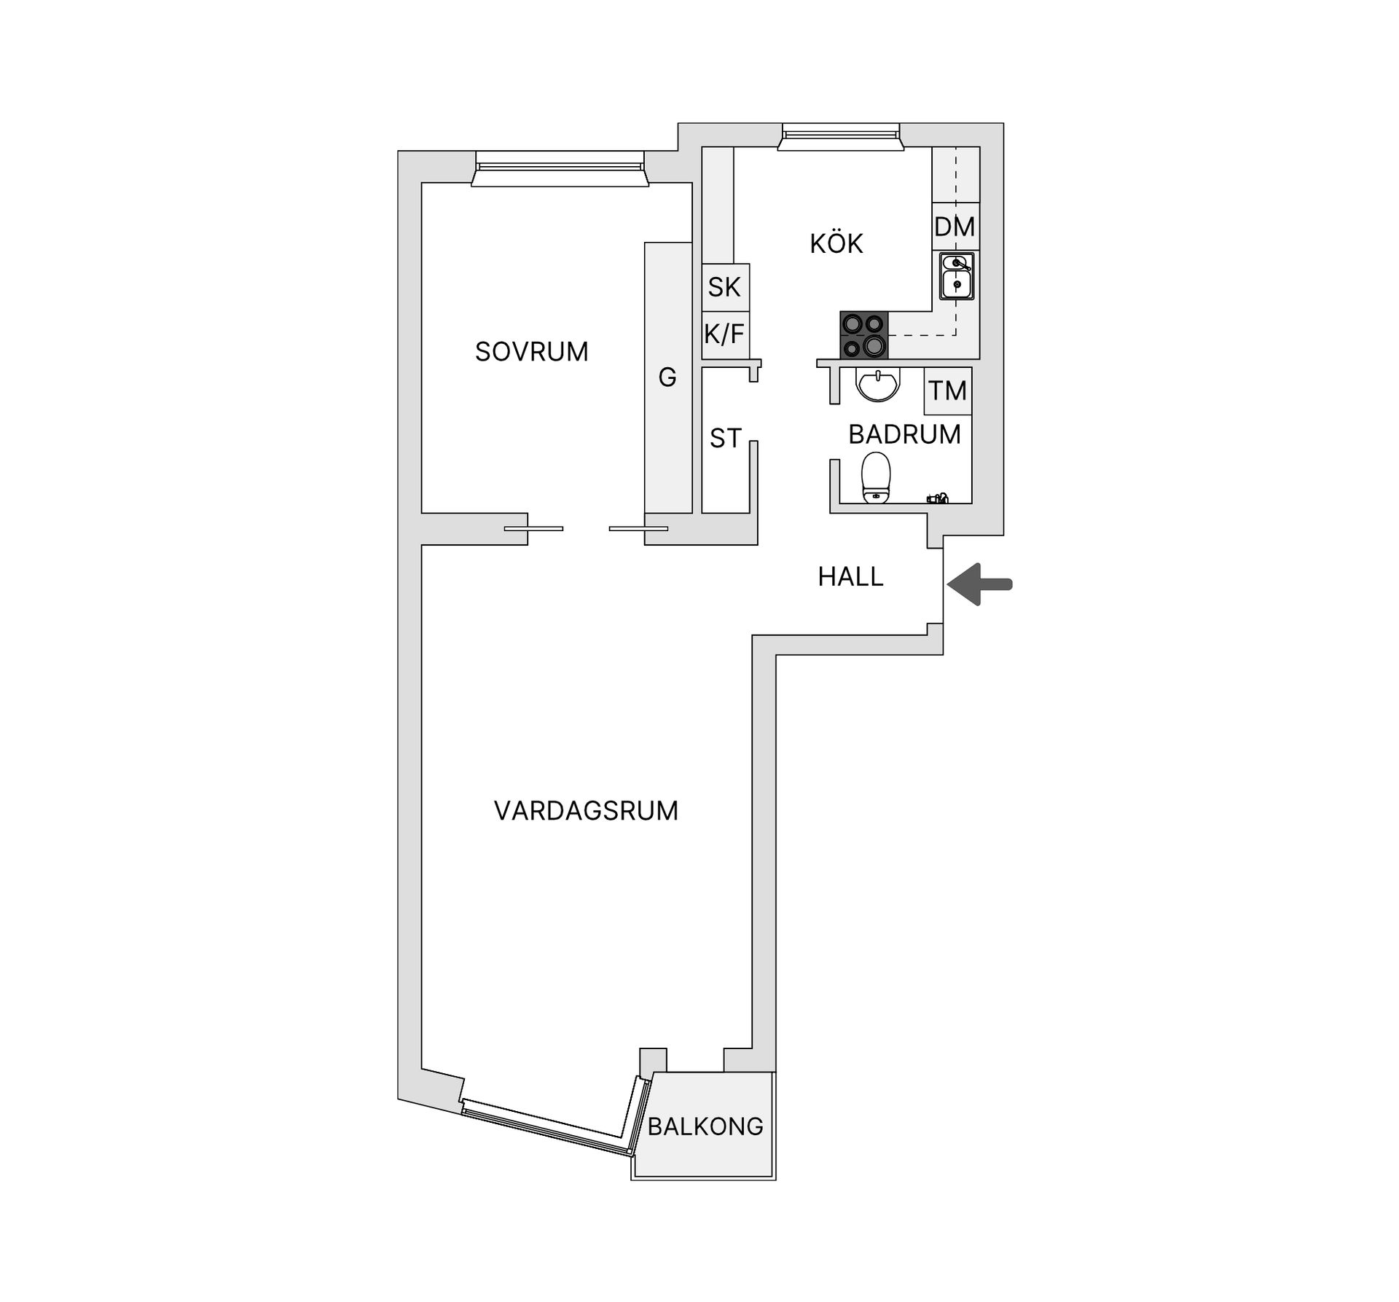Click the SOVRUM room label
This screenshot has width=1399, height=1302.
click(x=531, y=352)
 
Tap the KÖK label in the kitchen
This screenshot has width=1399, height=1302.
click(x=836, y=243)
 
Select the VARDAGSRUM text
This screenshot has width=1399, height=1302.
click(x=586, y=811)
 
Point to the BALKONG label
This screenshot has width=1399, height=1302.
click(x=705, y=1126)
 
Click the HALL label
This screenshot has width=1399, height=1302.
click(x=850, y=577)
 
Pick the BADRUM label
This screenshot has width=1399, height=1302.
click(x=904, y=434)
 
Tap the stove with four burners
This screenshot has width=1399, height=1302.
click(x=864, y=335)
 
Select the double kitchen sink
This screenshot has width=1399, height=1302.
click(x=956, y=276)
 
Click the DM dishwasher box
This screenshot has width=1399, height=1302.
click(x=955, y=227)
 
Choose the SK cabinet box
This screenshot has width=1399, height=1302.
click(x=725, y=287)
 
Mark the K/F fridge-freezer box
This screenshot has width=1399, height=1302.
click(x=725, y=334)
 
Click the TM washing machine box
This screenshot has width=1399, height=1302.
click(x=947, y=391)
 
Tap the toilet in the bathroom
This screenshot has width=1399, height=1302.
click(x=876, y=478)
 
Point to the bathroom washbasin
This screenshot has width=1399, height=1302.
click(x=879, y=384)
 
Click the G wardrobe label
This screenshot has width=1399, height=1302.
click(x=667, y=377)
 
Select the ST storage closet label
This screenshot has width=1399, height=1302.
click(x=726, y=439)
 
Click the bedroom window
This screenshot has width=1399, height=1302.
click(x=560, y=169)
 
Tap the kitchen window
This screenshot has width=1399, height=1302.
click(x=840, y=137)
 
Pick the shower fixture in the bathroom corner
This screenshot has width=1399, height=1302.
click(x=938, y=498)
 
